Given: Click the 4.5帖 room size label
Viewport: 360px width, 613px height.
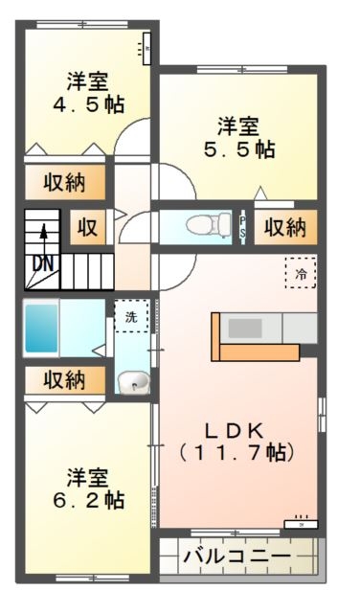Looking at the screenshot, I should tap(87, 103).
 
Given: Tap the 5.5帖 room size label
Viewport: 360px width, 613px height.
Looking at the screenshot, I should tap(237, 149).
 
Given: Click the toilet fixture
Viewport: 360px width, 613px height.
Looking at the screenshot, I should tap(201, 226).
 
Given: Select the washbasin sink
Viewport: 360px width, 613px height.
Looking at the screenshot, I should tap(133, 383).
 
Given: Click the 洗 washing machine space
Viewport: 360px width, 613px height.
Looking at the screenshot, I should tap(131, 315).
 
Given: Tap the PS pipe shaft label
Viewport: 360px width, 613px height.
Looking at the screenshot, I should tap(243, 227).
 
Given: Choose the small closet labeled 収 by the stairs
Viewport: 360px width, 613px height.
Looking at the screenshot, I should tap(87, 228).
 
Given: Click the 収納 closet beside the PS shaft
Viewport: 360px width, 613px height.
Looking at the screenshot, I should tap(285, 227).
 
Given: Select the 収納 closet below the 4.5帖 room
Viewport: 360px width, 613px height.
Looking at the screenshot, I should tap(63, 183).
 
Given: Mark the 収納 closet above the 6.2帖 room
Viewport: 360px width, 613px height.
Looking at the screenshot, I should tap(63, 380).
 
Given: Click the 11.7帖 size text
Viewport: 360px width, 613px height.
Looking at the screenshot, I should tap(236, 450).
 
